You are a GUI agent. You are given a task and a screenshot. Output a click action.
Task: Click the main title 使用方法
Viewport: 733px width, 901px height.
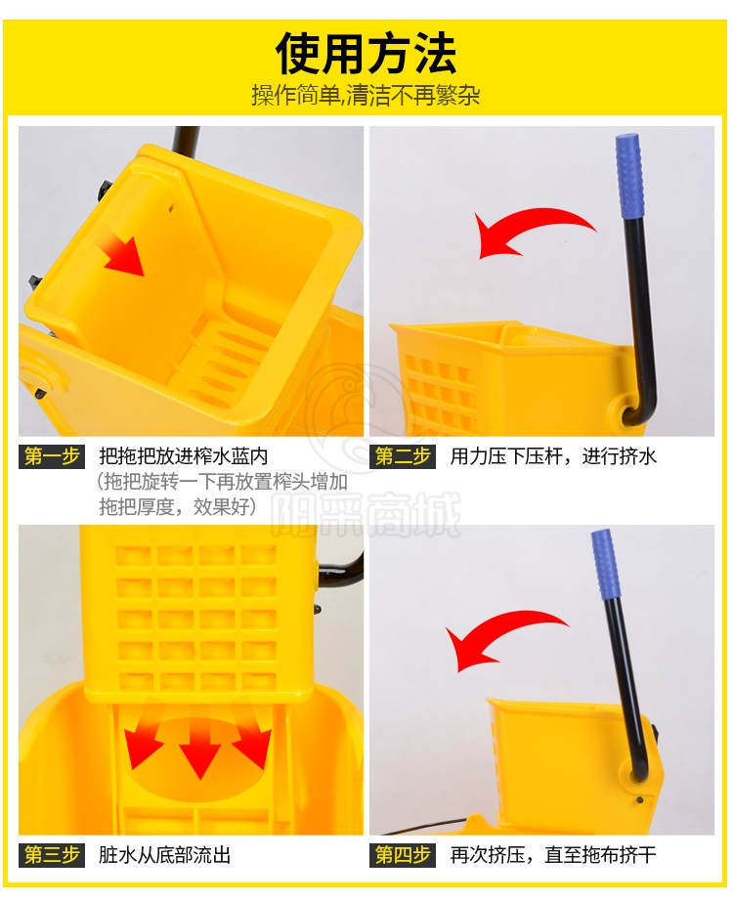point(366,55)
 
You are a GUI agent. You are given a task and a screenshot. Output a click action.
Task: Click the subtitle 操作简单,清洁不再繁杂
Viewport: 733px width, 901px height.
point(366,95)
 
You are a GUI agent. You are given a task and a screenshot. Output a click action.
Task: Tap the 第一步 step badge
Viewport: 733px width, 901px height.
point(52,456)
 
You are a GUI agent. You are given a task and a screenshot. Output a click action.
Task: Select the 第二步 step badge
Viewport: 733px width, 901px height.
point(403,456)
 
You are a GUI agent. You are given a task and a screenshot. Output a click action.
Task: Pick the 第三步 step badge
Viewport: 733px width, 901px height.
point(52,855)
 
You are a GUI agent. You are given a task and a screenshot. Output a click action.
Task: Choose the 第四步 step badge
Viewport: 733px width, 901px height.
point(403,855)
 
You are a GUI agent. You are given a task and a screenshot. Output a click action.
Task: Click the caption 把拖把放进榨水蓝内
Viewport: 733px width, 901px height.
point(184,456)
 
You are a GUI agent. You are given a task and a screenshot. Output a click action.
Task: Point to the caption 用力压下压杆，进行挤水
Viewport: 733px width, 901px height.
point(553,456)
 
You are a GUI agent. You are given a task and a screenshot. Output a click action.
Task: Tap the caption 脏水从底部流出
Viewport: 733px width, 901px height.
point(165,855)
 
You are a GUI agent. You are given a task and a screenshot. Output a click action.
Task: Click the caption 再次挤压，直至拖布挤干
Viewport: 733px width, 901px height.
point(553,855)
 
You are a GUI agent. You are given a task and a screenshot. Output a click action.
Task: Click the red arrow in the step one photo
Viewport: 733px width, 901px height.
point(122,254)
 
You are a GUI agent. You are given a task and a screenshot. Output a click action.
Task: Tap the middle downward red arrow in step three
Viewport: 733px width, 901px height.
point(199,750)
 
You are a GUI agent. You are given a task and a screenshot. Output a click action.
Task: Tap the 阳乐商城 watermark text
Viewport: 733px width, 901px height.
point(366,515)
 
